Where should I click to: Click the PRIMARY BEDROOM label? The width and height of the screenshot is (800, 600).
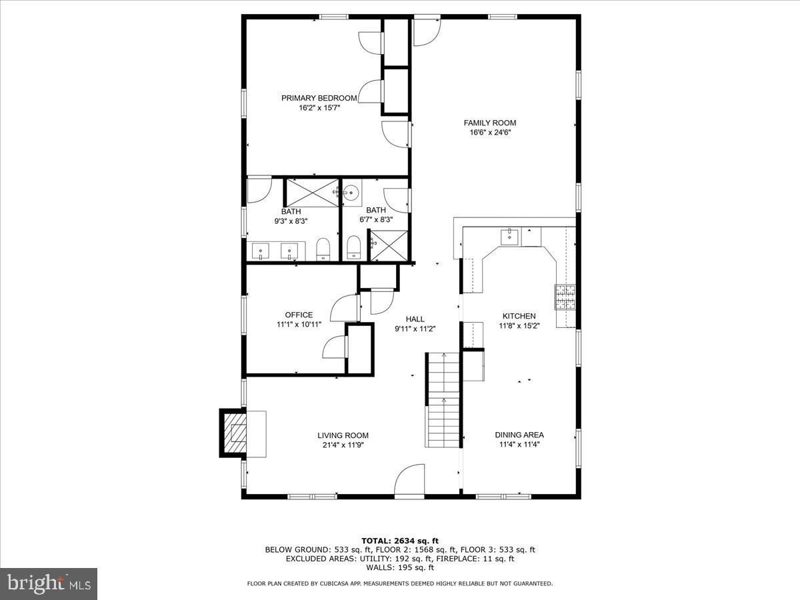(x=319, y=98)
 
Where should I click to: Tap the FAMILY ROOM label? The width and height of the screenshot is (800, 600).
(x=490, y=123)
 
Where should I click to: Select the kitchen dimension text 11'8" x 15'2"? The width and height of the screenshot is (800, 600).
(x=519, y=326)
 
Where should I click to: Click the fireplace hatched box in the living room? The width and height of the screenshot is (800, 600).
(x=234, y=433)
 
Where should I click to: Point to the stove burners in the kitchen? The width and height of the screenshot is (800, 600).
(x=565, y=298)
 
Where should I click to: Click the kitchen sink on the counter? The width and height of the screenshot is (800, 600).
(x=510, y=236)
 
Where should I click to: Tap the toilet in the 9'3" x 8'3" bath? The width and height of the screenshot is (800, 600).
(x=323, y=249)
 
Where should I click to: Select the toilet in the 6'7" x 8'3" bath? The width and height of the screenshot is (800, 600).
(x=354, y=247)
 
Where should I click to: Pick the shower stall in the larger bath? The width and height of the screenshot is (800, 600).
(x=312, y=193)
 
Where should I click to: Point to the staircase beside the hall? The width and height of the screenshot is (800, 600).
(x=443, y=400)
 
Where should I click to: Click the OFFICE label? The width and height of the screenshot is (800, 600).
(x=299, y=315)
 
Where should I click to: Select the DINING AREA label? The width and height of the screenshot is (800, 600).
(x=519, y=435)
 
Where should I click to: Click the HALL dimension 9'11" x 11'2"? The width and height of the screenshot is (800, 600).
(x=415, y=329)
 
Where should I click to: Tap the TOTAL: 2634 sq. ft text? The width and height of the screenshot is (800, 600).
(x=399, y=541)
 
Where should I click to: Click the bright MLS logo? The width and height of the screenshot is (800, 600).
(x=49, y=584)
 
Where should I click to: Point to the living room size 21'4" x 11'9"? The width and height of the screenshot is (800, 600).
(x=343, y=445)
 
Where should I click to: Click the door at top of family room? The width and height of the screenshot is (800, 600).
(x=426, y=32)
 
